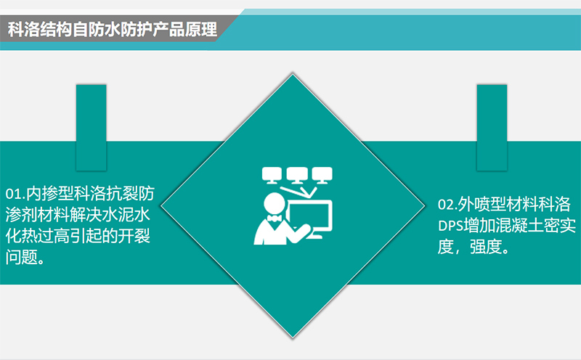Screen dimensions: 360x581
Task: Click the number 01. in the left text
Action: tap(15, 195)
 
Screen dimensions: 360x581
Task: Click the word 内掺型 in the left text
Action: tap(50, 195)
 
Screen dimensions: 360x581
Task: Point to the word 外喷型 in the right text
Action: tap(485, 202)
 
